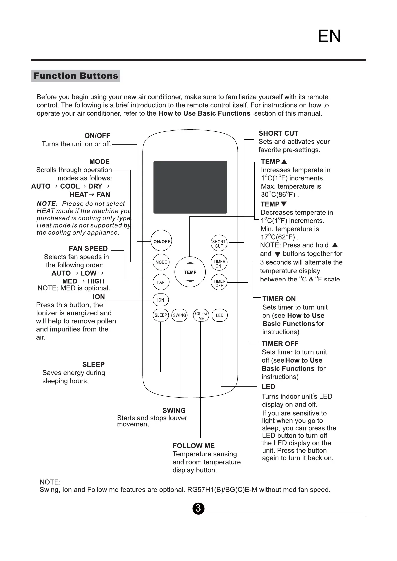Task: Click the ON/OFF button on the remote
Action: pyautogui.click(x=162, y=241)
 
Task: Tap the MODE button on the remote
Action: pyautogui.click(x=161, y=262)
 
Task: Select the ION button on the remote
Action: pyautogui.click(x=161, y=300)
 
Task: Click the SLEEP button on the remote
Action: pyautogui.click(x=161, y=315)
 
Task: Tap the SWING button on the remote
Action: pyautogui.click(x=179, y=315)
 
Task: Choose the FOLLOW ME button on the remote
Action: pyautogui.click(x=201, y=316)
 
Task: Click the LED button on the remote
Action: pyautogui.click(x=220, y=315)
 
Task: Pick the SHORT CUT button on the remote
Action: pyautogui.click(x=219, y=244)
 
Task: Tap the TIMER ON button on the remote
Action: pyautogui.click(x=219, y=264)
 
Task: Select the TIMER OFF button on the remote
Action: pyautogui.click(x=219, y=283)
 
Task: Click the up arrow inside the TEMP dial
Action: pyautogui.click(x=190, y=263)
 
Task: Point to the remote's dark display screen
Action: pyautogui.click(x=190, y=187)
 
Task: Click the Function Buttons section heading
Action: pyautogui.click(x=76, y=76)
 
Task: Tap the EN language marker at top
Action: pyautogui.click(x=329, y=36)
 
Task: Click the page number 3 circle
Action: pyautogui.click(x=198, y=508)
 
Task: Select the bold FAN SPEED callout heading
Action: pyautogui.click(x=88, y=249)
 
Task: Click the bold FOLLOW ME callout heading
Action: pyautogui.click(x=193, y=446)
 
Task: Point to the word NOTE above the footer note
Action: pyautogui.click(x=50, y=482)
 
